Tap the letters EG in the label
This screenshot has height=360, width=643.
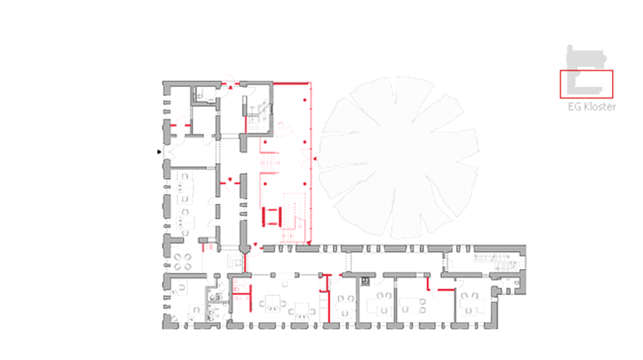(x=574, y=107)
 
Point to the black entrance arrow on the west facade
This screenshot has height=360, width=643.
(x=159, y=152)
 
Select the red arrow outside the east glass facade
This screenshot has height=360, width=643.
(x=315, y=159)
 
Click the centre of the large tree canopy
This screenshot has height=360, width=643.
(x=398, y=157)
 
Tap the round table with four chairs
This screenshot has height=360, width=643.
(x=183, y=262)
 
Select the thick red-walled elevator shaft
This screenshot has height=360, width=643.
(x=272, y=217)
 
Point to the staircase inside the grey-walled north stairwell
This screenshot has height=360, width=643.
(x=257, y=114)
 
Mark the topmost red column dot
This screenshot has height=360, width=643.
(x=305, y=100)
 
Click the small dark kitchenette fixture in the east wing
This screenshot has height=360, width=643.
(x=365, y=281)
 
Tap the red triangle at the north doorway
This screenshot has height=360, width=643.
(x=231, y=88)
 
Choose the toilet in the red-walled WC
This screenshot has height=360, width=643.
(x=236, y=289)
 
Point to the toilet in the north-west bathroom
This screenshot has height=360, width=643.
(x=200, y=96)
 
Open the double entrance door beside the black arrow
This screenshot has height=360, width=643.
(x=169, y=152)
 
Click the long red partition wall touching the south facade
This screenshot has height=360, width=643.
(x=328, y=299)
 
